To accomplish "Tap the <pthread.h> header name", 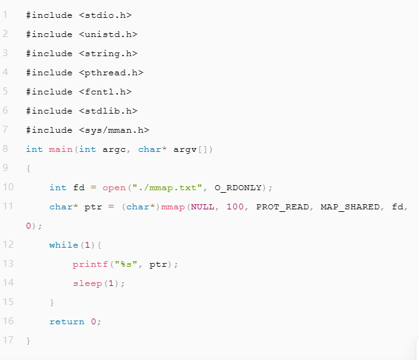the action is click(111, 72).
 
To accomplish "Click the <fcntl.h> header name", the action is click(105, 91).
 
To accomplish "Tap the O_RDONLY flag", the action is click(240, 187).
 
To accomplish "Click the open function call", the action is click(114, 187).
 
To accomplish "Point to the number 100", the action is click(235, 207).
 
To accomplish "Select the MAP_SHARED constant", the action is click(349, 207).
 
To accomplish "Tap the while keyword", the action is click(64, 245).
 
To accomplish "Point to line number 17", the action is click(8, 340).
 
